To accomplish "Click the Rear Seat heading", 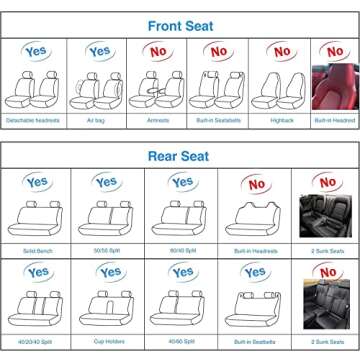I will [180, 156].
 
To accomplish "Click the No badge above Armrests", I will [157, 52].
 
